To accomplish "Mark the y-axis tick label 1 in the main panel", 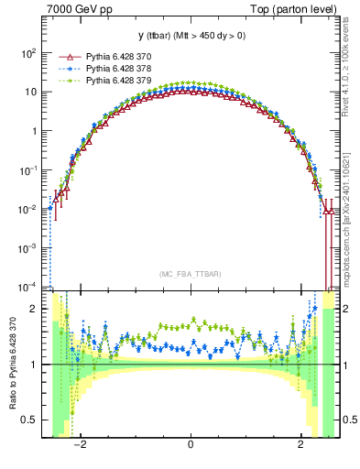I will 33,131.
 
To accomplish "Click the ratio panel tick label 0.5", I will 29,420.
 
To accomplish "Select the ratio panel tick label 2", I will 33,309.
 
